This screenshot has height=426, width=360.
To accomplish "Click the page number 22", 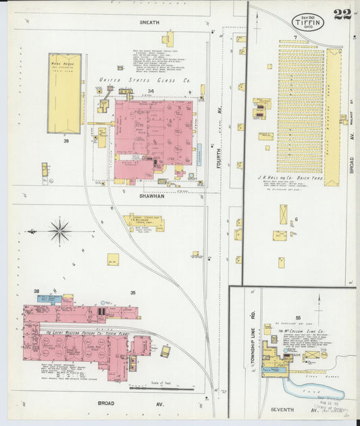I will pos(342,15).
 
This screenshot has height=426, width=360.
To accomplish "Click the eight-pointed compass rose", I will pos(59,232).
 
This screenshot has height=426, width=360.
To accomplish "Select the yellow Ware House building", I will pos(64,92).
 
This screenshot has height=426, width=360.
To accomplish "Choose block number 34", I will pos(152,90).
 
